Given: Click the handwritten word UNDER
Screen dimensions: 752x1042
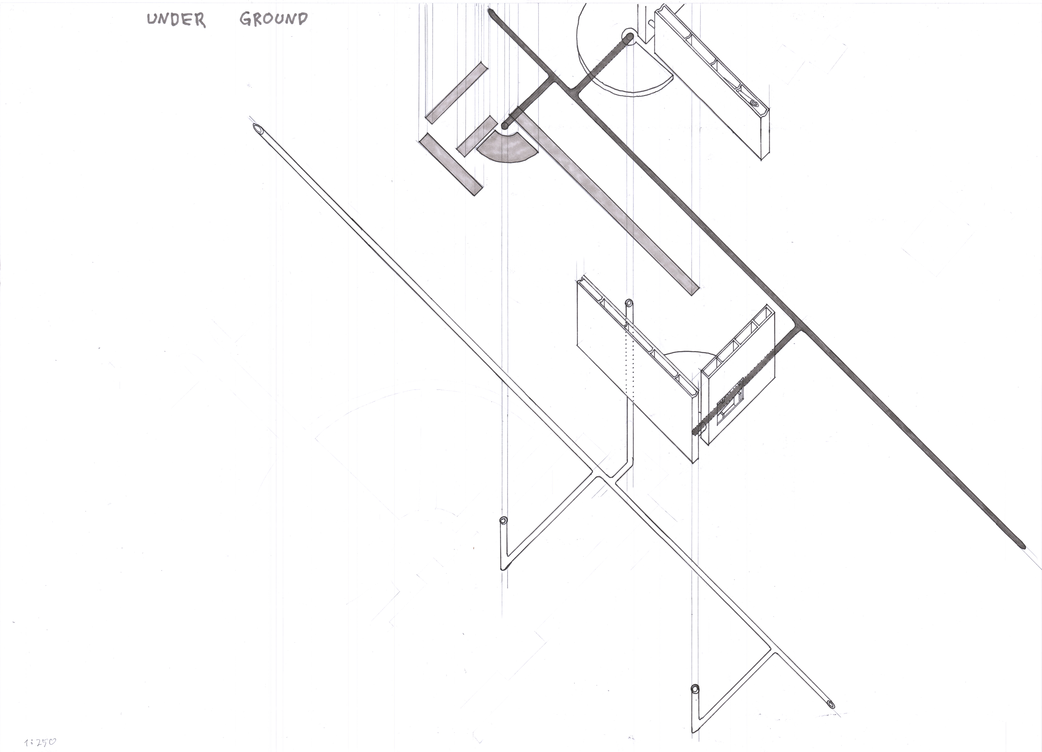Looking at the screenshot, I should click(176, 20).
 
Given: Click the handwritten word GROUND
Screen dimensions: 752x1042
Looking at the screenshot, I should click(273, 19).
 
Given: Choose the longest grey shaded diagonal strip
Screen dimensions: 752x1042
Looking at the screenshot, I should click(607, 202).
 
